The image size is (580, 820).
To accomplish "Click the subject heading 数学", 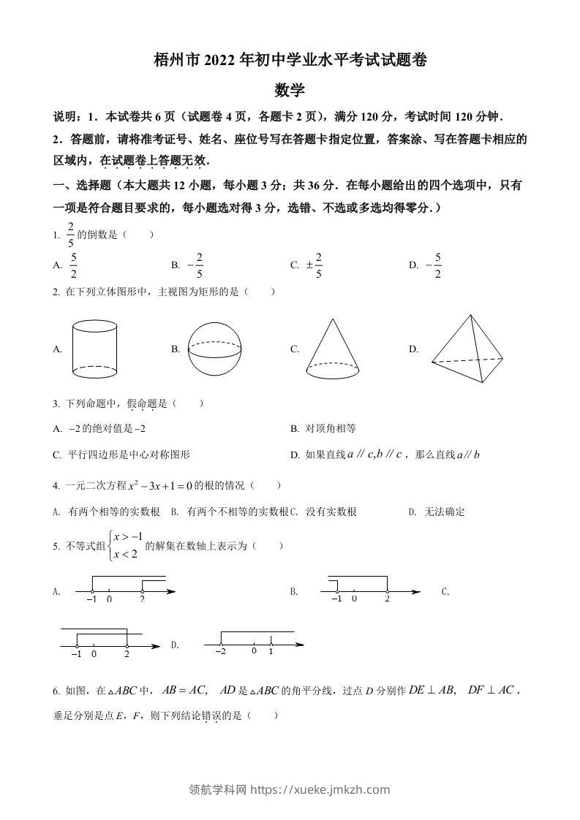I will pos(290,91).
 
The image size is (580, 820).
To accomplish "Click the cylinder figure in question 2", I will pos(95,349).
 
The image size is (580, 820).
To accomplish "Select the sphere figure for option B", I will pos(214,349).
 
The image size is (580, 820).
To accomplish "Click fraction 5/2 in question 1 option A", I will pos(74,265).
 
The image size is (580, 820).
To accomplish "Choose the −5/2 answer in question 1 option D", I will pos(434,265).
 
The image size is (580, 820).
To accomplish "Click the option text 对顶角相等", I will pos(331,428).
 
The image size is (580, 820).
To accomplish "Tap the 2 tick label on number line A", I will pos(142,599).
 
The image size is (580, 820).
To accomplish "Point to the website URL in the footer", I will pos(320,789).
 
